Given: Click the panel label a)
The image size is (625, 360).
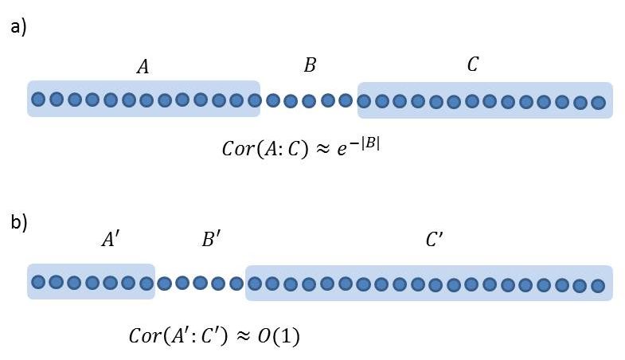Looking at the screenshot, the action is point(18,28).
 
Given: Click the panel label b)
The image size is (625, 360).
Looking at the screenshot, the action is point(18,222).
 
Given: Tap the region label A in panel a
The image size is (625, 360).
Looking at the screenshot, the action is point(143,68).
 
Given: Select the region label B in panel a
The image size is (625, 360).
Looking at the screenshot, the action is point(310,66).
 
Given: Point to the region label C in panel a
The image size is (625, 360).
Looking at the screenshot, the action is point(473,65).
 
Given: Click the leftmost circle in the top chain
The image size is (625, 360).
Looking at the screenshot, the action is point(38,100).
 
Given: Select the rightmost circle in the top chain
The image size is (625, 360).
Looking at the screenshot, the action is point(598,102).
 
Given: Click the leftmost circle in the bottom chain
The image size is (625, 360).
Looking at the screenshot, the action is point(38,281).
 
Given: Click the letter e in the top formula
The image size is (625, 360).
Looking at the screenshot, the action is point(347,151).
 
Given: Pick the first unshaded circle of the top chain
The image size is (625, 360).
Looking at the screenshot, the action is point(272,101).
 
